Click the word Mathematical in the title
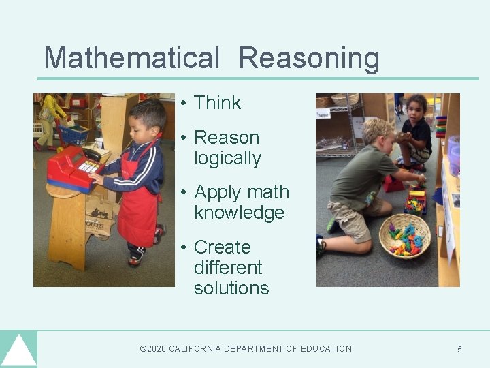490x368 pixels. [x=131, y=59]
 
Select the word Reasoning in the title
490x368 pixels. [x=309, y=59]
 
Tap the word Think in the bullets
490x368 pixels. [x=217, y=103]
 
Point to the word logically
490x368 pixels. [x=227, y=158]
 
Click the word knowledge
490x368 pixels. [x=239, y=213]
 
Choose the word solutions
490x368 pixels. [x=231, y=288]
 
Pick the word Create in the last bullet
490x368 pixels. [x=222, y=247]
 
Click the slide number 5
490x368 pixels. [x=459, y=350]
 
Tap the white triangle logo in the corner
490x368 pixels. [x=18, y=351]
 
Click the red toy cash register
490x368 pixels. [x=73, y=169]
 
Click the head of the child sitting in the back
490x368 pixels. [x=417, y=106]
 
